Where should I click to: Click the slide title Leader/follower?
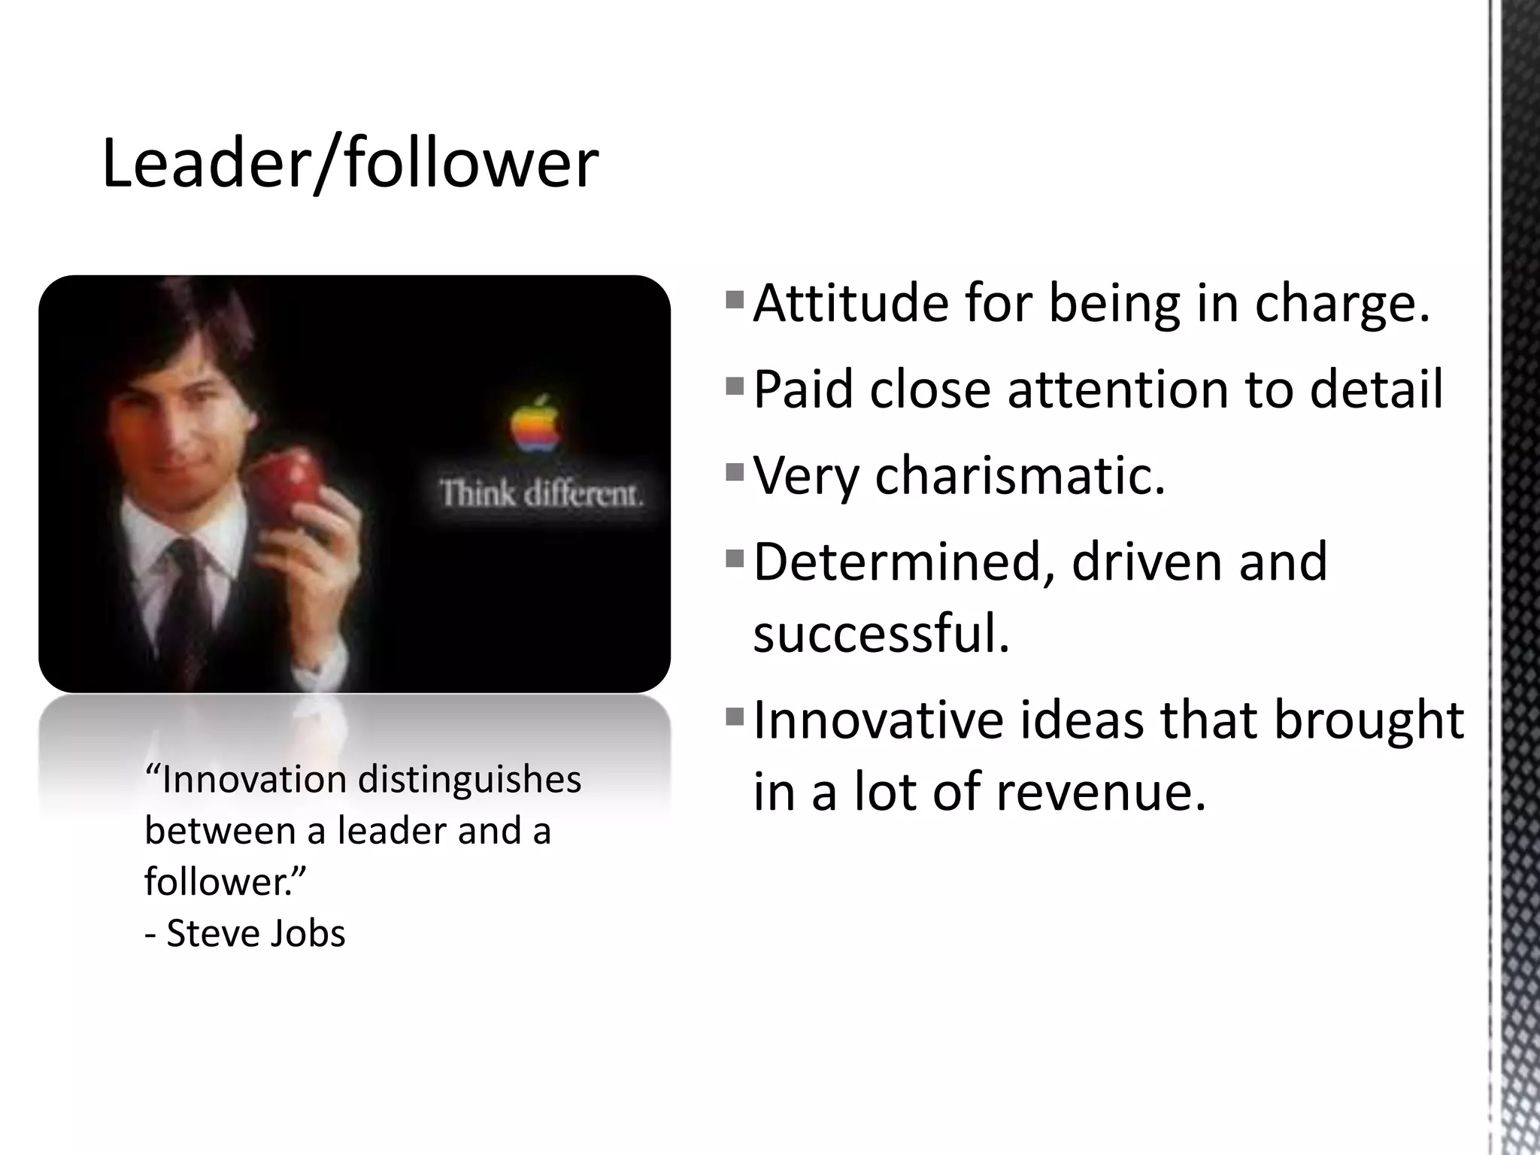[x=350, y=163]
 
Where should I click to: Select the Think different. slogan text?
[x=541, y=495]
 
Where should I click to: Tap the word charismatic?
[x=1020, y=476]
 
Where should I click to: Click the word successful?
[x=881, y=633]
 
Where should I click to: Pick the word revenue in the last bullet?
[x=1101, y=792]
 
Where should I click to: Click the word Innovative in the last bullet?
[x=878, y=720]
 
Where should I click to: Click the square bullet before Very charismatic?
[x=735, y=473]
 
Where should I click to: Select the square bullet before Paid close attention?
[x=735, y=387]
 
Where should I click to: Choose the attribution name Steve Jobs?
[x=256, y=934]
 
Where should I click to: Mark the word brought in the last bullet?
[x=1369, y=720]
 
